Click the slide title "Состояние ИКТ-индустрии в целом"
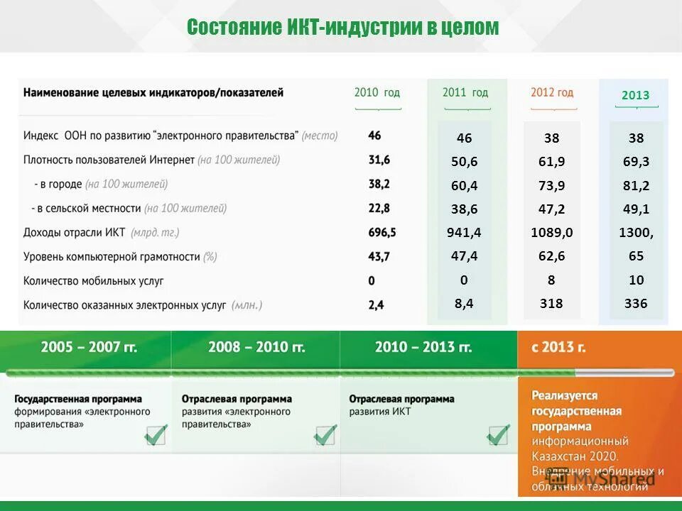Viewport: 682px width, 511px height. pos(342,28)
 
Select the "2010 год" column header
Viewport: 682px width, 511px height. pos(377,92)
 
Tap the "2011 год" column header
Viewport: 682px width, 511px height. pos(465,92)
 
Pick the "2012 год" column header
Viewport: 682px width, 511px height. pos(552,92)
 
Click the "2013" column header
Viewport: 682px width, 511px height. pos(635,95)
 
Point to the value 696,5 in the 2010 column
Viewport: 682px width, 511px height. pos(382,232)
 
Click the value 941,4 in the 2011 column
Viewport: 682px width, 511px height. pos(464,232)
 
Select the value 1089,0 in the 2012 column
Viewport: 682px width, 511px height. pos(551,232)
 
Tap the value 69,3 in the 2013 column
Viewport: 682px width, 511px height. pos(636,162)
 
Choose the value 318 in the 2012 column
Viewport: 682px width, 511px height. pos(551,303)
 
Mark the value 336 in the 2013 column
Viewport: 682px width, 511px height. pos(636,303)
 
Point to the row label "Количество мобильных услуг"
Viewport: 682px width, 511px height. pos(94,280)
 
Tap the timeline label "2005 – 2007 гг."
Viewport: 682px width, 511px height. pos(89,347)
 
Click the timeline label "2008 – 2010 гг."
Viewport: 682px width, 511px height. pos(256,347)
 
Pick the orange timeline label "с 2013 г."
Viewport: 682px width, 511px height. pos(558,347)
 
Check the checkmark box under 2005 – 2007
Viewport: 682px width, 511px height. pos(156,434)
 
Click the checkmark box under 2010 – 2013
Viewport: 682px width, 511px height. pos(498,434)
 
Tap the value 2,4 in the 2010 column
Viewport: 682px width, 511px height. pos(376,304)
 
